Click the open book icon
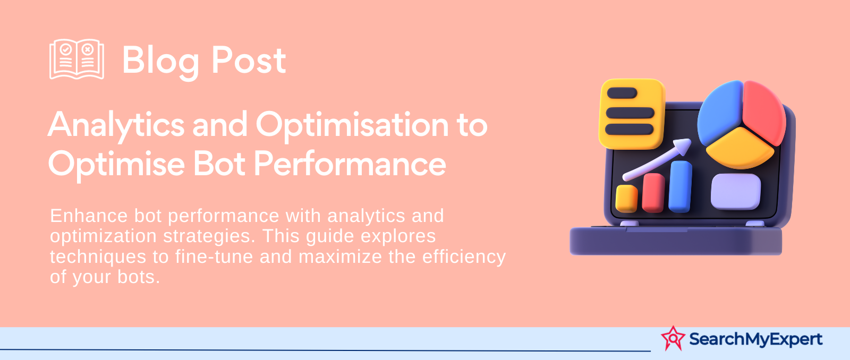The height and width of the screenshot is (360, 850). click(76, 59)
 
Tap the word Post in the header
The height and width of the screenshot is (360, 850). click(249, 60)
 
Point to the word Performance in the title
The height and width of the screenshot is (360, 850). click(350, 164)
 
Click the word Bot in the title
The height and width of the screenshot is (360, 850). click(219, 164)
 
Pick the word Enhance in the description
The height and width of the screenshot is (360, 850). click(89, 216)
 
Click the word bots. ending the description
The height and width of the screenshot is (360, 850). click(139, 277)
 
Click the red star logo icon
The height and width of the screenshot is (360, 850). click(673, 338)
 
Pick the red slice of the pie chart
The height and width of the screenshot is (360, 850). click(763, 112)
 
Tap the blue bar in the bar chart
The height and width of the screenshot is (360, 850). click(680, 186)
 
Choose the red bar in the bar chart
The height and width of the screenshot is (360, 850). click(653, 193)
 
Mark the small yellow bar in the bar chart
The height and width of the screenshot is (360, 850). click(626, 199)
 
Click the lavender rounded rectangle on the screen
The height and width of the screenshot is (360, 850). click(735, 192)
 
